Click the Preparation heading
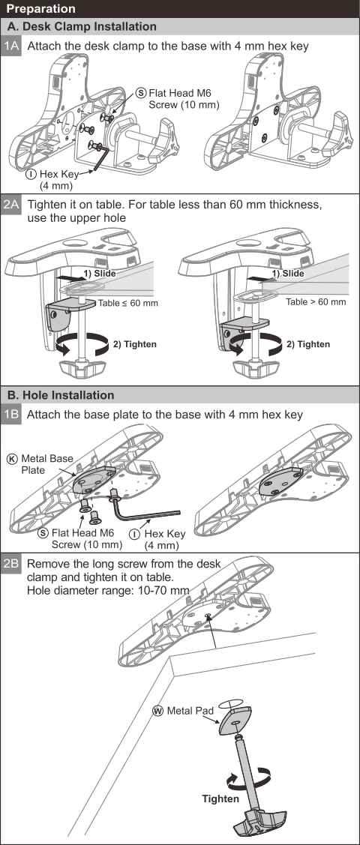coord(41,9)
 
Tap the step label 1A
coord(11,46)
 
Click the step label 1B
coord(11,415)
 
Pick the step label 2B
coord(11,565)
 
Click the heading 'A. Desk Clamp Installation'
coord(82,26)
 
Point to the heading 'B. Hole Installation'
coord(60,395)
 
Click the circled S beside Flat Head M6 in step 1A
coord(142,93)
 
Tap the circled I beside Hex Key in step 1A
coord(32,175)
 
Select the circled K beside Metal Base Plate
coord(12,459)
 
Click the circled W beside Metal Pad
coord(158,711)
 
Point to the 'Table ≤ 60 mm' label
coord(128,303)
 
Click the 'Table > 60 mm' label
coord(316,301)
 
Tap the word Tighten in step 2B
coord(220,799)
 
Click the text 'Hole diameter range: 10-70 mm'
coord(108,590)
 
